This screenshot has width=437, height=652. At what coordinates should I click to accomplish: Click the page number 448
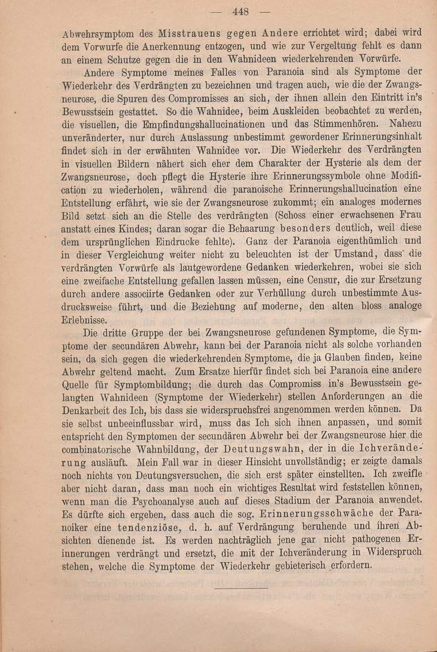coord(241,12)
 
